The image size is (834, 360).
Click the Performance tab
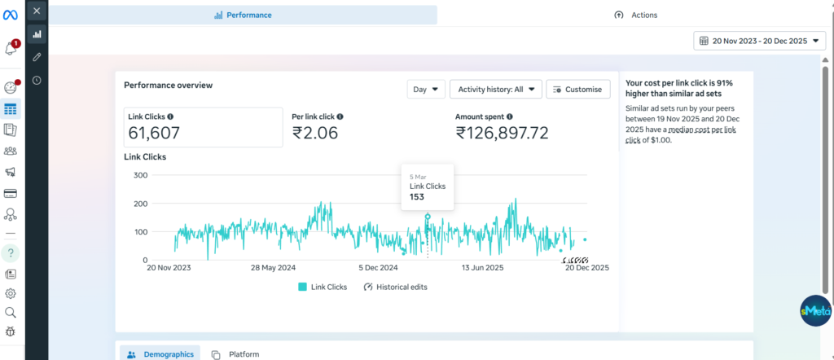click(243, 15)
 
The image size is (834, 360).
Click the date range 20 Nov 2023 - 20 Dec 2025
click(759, 40)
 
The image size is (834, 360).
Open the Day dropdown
click(426, 89)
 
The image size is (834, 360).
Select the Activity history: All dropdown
click(495, 89)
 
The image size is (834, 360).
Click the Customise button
click(577, 89)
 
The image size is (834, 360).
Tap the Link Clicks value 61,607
click(155, 134)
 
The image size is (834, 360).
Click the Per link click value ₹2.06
click(315, 134)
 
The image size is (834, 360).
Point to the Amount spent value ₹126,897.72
click(502, 134)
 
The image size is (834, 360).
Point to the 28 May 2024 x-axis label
click(273, 267)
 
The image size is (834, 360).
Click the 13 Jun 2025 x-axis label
click(484, 267)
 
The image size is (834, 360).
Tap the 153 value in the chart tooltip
click(416, 197)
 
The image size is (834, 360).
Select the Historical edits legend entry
click(395, 287)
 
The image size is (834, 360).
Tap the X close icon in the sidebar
click(37, 11)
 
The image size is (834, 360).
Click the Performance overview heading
click(168, 85)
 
